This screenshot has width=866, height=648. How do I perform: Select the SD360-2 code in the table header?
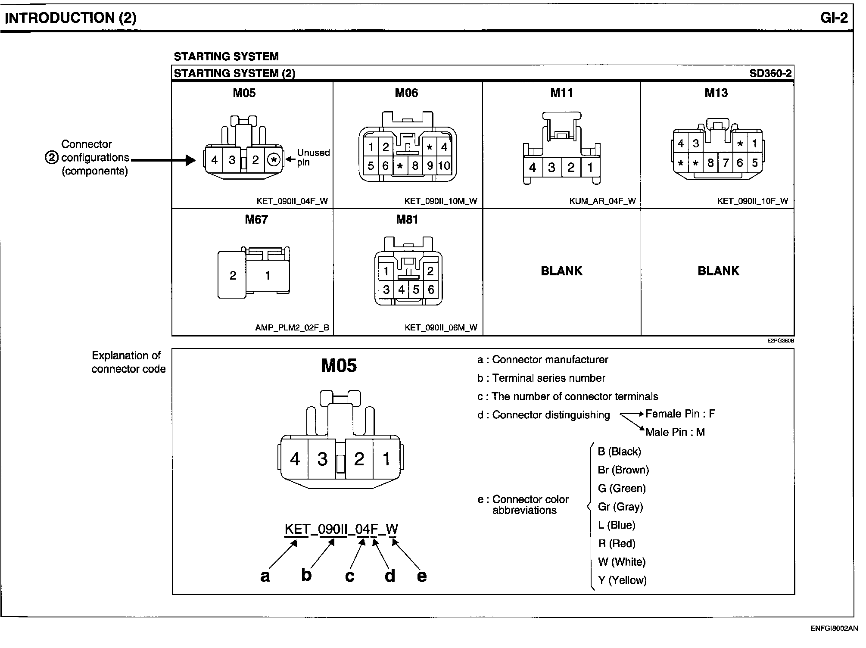[x=770, y=73]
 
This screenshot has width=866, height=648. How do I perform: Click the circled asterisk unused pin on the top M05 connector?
[x=274, y=160]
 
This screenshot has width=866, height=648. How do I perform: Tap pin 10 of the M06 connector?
[x=444, y=166]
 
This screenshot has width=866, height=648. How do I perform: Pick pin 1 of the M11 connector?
[x=589, y=168]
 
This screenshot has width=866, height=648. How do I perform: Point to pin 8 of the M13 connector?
[x=710, y=163]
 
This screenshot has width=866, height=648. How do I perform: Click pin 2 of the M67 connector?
[x=233, y=275]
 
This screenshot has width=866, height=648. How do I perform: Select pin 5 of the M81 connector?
[x=416, y=290]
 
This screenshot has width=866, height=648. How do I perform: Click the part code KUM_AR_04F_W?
[x=602, y=201]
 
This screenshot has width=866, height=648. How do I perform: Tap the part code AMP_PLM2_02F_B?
[x=292, y=327]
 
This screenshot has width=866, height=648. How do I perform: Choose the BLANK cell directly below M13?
[x=718, y=271]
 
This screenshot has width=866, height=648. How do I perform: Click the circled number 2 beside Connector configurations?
[x=51, y=158]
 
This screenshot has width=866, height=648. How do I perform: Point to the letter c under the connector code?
[x=350, y=576]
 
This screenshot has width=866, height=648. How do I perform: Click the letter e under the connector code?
[x=422, y=576]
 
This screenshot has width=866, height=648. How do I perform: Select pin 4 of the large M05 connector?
[x=295, y=459]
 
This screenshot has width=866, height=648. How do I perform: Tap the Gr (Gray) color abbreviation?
[x=620, y=507]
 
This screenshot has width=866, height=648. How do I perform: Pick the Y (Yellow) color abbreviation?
[x=622, y=580]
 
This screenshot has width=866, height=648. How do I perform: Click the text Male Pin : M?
[x=675, y=432]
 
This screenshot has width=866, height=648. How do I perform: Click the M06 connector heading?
[x=406, y=93]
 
